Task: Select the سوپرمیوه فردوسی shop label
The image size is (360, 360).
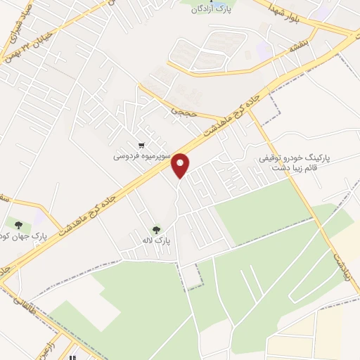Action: click(x=141, y=156)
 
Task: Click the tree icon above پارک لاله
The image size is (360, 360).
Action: click(x=155, y=229)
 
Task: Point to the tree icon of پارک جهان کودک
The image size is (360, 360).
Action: click(x=18, y=225)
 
